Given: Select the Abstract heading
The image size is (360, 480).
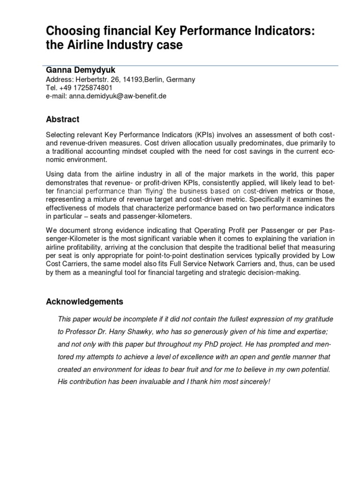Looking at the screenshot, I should (62, 119).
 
